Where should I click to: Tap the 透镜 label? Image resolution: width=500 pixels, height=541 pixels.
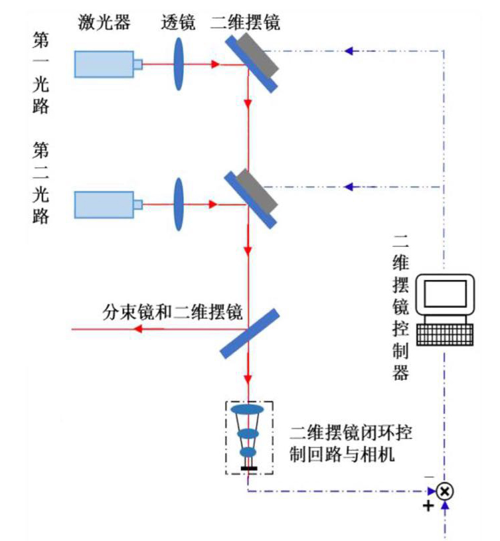coord(178,23)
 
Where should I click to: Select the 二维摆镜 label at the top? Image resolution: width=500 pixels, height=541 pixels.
coord(245,23)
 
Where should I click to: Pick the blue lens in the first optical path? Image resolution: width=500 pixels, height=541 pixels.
coord(179,64)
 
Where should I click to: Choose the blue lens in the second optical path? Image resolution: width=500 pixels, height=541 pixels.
coord(179,203)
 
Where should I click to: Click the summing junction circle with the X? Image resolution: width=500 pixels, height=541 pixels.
coord(446,491)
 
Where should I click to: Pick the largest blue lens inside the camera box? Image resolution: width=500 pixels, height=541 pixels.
coord(248,410)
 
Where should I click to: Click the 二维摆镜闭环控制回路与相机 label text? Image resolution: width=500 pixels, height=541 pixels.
coord(351,443)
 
